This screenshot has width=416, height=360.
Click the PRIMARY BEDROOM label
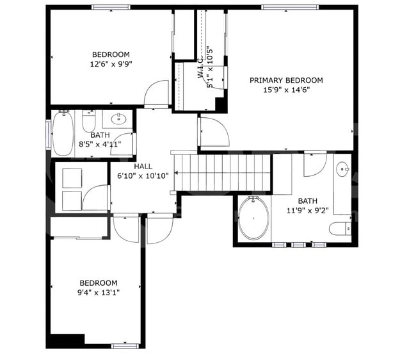(x=286, y=81)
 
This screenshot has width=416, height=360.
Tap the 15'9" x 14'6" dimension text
(x=286, y=91)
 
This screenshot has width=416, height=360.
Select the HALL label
(x=143, y=166)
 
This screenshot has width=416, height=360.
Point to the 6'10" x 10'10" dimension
(x=143, y=176)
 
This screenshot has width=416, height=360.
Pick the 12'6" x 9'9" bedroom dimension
(x=111, y=64)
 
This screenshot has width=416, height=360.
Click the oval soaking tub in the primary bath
(x=254, y=218)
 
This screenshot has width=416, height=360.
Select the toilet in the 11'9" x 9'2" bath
(x=339, y=228)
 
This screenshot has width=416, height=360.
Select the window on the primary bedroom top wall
(x=282, y=8)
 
